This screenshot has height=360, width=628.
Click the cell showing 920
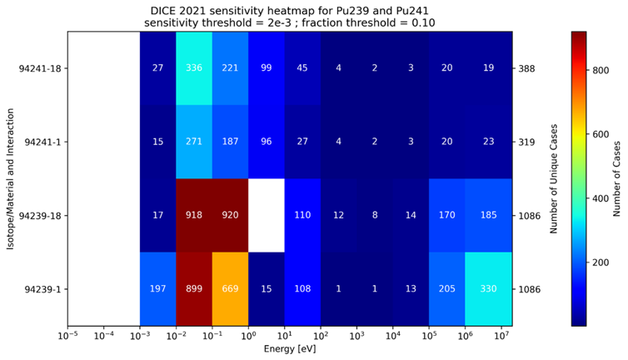(231, 215)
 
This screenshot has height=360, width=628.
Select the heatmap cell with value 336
(194, 68)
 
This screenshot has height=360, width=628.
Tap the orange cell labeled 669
(231, 288)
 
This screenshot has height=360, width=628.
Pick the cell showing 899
(194, 288)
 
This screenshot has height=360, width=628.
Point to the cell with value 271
(194, 142)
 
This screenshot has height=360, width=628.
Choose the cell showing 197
(157, 288)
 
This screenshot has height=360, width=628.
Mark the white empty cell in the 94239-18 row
(267, 215)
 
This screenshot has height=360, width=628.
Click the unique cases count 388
(526, 68)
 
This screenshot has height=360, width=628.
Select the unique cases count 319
(526, 142)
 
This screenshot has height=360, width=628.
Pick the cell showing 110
(303, 215)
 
